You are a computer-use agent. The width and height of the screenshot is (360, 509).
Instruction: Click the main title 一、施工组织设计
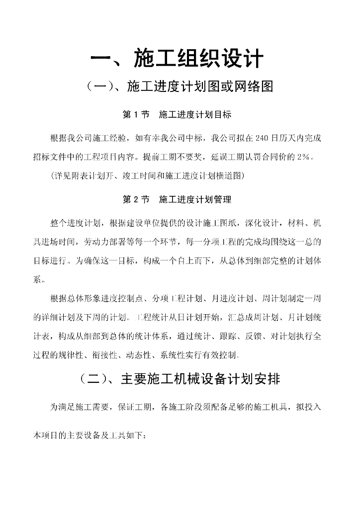tap(177, 59)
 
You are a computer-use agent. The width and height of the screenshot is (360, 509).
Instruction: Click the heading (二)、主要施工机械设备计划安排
tap(180, 380)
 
